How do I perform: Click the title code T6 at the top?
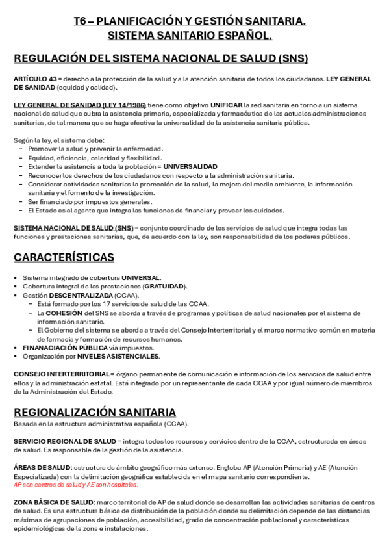[82, 21]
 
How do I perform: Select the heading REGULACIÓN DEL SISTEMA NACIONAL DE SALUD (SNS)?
[160, 58]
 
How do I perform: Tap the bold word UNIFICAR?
[225, 105]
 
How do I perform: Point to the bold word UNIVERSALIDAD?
[190, 166]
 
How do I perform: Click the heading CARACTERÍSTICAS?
[64, 257]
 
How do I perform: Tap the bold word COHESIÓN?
[64, 313]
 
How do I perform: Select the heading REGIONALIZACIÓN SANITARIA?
[95, 412]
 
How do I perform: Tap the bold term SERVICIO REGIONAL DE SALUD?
[65, 441]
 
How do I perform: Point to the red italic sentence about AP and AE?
[76, 485]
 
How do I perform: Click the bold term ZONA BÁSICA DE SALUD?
[54, 502]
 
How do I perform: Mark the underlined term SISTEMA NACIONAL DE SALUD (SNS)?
[73, 228]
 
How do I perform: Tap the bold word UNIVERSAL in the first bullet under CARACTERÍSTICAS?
[140, 277]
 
